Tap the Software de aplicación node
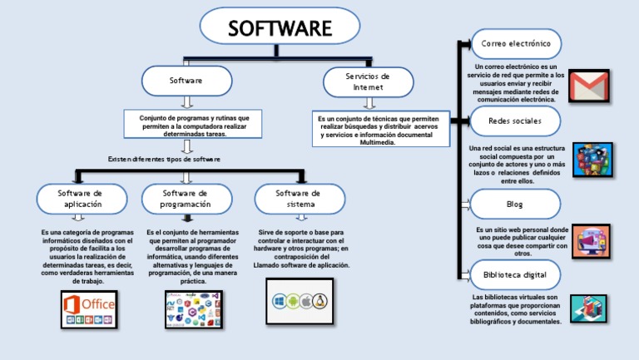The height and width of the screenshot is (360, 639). click(x=80, y=198)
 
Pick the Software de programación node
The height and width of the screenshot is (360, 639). click(x=185, y=198)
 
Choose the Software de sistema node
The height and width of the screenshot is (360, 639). click(x=298, y=198)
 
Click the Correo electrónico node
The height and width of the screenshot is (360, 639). click(x=517, y=42)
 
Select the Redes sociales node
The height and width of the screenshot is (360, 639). click(x=517, y=121)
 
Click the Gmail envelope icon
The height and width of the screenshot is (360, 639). click(x=589, y=86)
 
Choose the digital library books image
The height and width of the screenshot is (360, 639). click(x=592, y=308)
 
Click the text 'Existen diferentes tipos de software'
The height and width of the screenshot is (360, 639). click(x=165, y=159)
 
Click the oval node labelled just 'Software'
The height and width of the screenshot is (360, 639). click(x=186, y=81)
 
